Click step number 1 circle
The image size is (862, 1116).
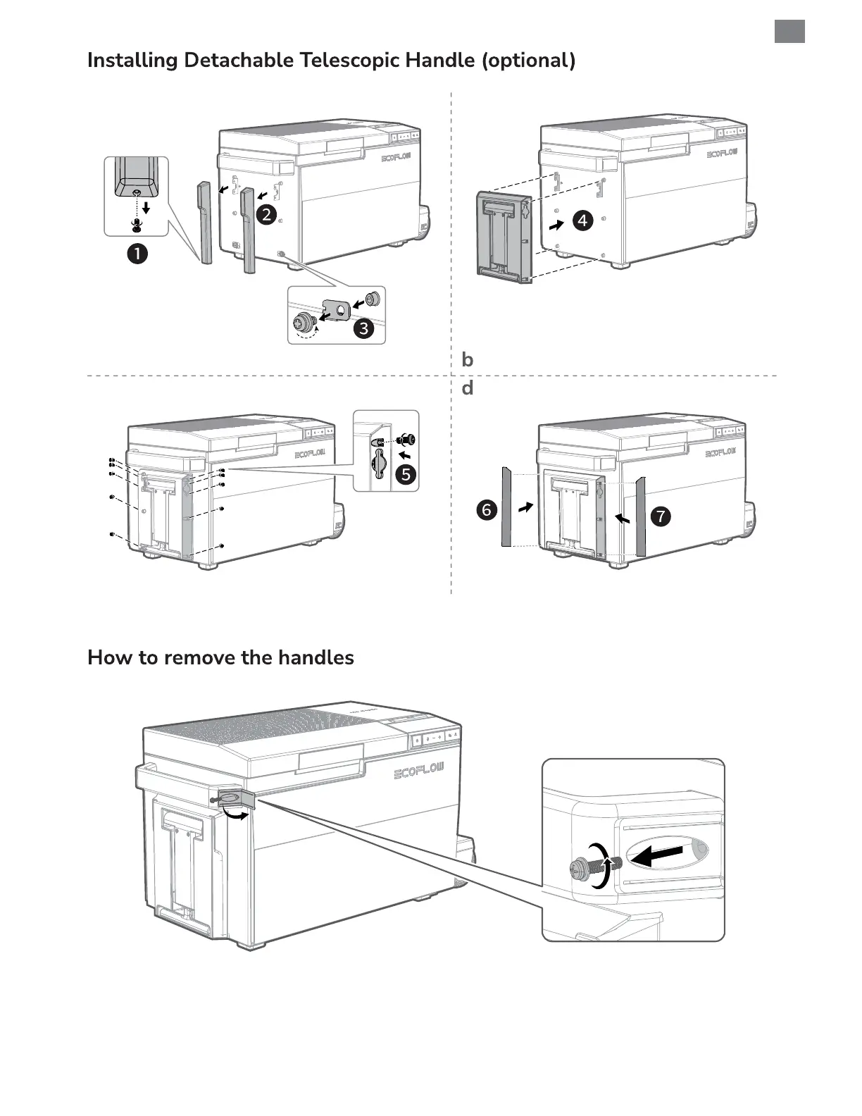pos(137,254)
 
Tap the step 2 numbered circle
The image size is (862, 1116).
pos(266,215)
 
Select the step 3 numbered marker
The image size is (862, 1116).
pos(363,328)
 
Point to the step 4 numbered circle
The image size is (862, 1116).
pos(582,221)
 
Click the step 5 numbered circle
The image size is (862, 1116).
pos(406,474)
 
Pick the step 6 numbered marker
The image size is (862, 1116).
pos(487,509)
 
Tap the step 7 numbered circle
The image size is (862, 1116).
pos(661,516)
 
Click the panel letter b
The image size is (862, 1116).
pos(467,360)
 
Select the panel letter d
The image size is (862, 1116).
pos(467,388)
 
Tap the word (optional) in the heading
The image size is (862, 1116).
pos(528,61)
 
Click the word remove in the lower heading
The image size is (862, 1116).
pos(199,658)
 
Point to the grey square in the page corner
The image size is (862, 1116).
pos(789,32)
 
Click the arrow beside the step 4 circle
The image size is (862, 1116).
pos(556,225)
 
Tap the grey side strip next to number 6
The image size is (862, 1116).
pos(506,506)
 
